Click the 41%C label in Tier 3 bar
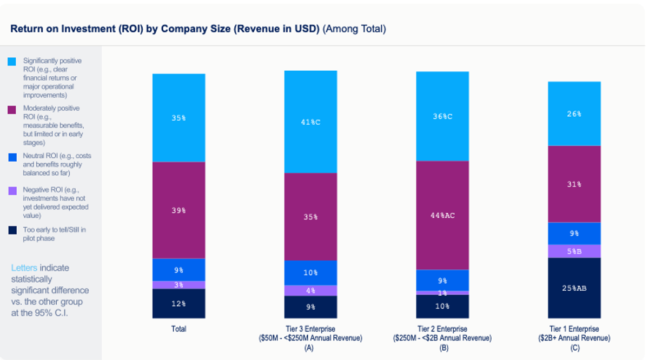point(310,122)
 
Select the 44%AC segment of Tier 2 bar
point(442,215)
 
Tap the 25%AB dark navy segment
point(574,288)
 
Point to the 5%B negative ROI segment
point(574,251)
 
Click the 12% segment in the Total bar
point(178,303)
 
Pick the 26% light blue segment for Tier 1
point(574,114)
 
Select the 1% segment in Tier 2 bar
point(442,292)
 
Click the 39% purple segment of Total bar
point(178,210)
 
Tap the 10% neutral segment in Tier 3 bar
point(310,272)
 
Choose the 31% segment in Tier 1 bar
point(574,184)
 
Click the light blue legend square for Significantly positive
point(12,62)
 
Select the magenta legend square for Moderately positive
point(12,109)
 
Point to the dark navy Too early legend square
point(12,230)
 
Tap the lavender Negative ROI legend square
point(12,191)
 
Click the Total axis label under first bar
point(178,329)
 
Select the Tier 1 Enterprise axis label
point(574,329)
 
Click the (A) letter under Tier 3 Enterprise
point(310,348)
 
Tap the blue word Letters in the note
point(24,268)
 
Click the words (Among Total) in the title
point(354,29)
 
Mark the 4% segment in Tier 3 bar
point(310,290)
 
